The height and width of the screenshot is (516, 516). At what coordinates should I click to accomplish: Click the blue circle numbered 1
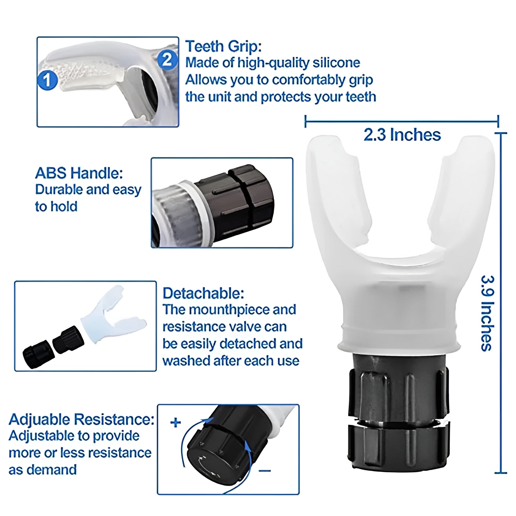click(48, 80)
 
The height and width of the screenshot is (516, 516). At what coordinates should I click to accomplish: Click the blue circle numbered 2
click(167, 59)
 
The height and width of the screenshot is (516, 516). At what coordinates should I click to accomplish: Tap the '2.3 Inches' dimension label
click(402, 135)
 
